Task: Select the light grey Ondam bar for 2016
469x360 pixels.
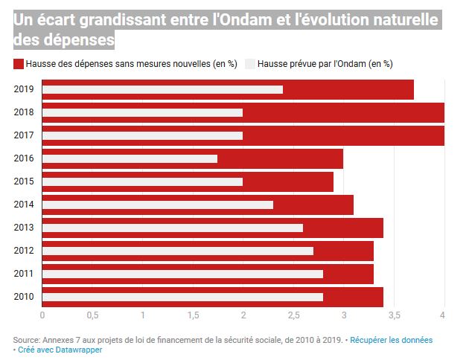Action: pos(130,158)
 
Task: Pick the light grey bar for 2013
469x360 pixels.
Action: pos(172,228)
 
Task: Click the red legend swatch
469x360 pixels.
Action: pos(19,64)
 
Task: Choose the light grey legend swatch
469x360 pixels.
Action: pos(250,64)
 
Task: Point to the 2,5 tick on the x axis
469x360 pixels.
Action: pos(293,315)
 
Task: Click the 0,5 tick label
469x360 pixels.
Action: pos(92,315)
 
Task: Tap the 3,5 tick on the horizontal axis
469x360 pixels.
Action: pos(394,315)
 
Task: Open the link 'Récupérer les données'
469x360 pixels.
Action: pos(391,339)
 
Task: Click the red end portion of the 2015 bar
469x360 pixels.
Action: pos(288,181)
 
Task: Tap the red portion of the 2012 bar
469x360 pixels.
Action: pos(343,251)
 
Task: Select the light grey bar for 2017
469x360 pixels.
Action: pos(142,135)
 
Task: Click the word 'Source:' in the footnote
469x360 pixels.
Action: pos(28,339)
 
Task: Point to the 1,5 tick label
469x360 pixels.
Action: pos(193,315)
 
